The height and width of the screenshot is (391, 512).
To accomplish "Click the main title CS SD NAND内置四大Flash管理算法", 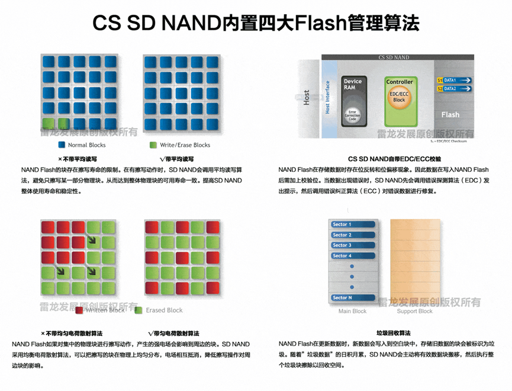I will tap(256, 24).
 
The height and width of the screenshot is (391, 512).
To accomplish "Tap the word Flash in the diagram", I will tap(450, 114).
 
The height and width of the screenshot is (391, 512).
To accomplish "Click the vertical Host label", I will tap(306, 98).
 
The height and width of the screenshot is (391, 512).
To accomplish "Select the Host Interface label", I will tap(327, 98).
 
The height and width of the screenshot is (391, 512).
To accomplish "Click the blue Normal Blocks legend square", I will tap(62, 145).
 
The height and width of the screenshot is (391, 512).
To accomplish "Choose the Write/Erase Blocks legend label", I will tap(185, 145).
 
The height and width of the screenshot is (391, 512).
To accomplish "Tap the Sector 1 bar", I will tap(353, 225).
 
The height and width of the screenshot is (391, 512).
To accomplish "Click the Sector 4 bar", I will tap(353, 256).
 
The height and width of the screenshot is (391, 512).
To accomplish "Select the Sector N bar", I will tap(353, 297).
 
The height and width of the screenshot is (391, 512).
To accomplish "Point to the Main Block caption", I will tap(352, 311).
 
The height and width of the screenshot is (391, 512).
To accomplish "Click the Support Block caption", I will tap(414, 311).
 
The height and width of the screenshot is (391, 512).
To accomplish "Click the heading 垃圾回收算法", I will tap(393, 334).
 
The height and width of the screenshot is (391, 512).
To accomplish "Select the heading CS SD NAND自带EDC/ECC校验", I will tap(394, 159).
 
